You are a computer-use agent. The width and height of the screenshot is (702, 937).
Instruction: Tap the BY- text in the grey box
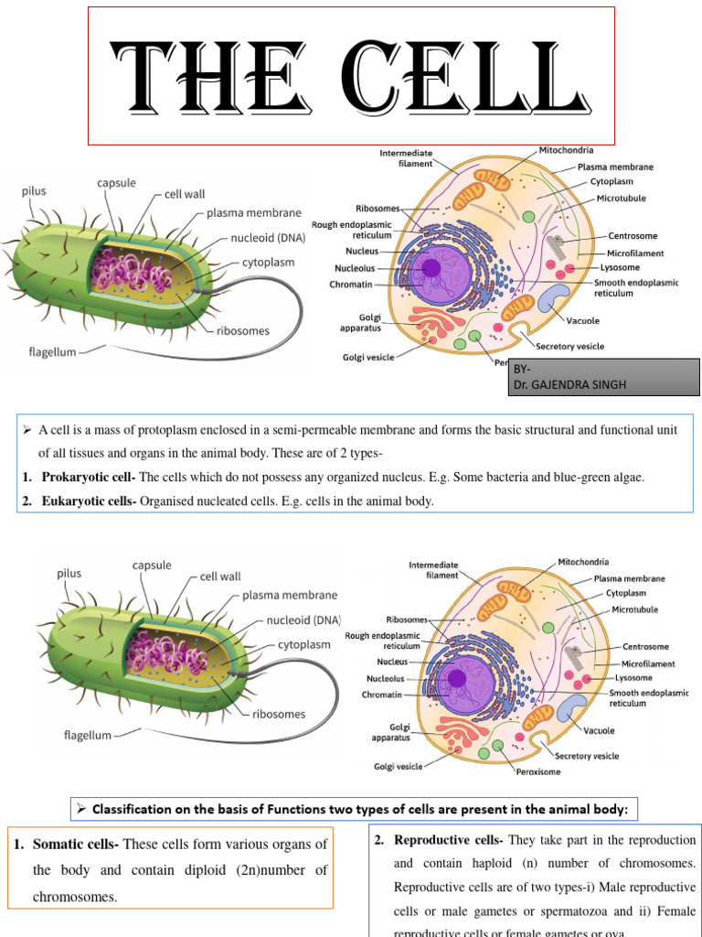point(522,369)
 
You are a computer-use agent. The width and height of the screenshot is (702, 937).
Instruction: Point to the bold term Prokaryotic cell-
point(89,477)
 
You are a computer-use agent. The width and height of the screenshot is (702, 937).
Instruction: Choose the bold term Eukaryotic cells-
point(89,501)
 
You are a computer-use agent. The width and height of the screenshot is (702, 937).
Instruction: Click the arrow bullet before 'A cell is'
point(27,429)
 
